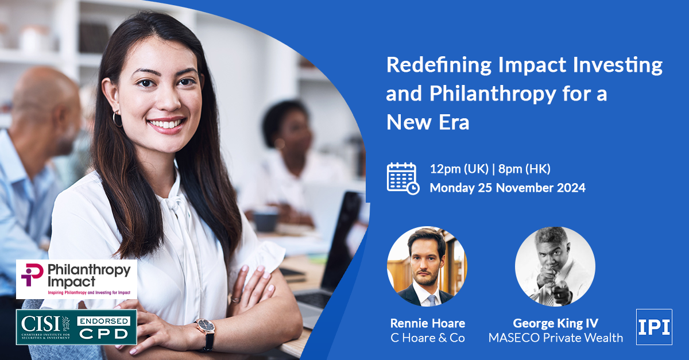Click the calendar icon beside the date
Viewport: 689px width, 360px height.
tap(402, 179)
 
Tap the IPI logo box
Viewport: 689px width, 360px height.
tap(654, 327)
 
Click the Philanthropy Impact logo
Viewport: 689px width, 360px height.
tap(76, 279)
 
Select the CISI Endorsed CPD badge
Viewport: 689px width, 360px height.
tap(76, 327)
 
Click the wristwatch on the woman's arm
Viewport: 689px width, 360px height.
tap(206, 334)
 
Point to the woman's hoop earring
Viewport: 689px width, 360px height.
tap(117, 119)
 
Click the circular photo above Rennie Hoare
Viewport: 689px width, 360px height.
tap(427, 266)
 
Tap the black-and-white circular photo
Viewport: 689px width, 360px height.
tap(555, 266)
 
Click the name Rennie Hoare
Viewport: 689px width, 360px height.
tap(428, 323)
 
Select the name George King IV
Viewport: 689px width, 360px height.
tap(556, 323)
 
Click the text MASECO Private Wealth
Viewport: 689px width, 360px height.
tap(556, 338)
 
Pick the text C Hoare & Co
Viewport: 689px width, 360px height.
tap(428, 338)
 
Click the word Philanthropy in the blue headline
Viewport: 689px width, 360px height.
tap(493, 94)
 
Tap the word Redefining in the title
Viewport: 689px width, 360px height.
tap(439, 65)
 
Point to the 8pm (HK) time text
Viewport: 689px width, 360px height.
tap(524, 169)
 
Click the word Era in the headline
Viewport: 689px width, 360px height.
tap(454, 122)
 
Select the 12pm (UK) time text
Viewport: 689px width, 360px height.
tap(459, 169)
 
